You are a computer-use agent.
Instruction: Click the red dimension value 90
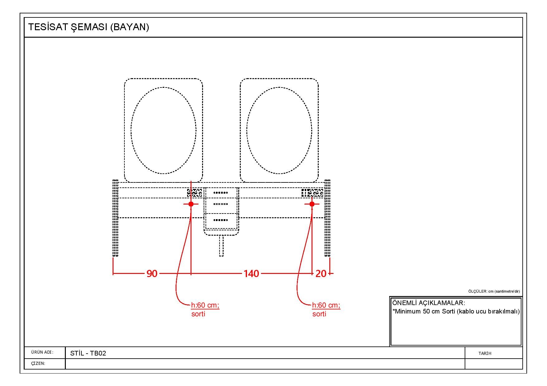tap(152, 274)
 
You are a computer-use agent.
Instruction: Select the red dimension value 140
tap(251, 274)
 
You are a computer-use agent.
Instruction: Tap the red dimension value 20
tap(321, 274)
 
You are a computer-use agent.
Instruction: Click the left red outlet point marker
tap(191, 204)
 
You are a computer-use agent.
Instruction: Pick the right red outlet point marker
tap(312, 204)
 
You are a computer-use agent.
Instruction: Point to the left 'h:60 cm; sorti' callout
tap(205, 309)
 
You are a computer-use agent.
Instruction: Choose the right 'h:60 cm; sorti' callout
tap(326, 309)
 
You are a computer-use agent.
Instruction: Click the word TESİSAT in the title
tap(48, 27)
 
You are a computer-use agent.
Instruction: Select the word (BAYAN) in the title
tap(129, 27)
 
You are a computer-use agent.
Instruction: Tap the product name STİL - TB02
tap(88, 353)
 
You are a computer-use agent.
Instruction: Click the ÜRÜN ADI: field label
tap(42, 352)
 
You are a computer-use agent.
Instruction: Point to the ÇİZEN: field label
tap(38, 363)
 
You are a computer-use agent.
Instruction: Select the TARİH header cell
tap(485, 353)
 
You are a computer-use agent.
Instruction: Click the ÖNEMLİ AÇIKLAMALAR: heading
tap(428, 303)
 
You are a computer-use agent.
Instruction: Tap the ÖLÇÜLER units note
tap(494, 291)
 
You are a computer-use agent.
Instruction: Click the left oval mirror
tap(163, 130)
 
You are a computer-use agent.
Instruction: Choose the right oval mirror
tap(279, 130)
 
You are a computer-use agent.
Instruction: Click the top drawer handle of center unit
tap(221, 193)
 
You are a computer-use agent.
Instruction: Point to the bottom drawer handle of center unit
tap(221, 220)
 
